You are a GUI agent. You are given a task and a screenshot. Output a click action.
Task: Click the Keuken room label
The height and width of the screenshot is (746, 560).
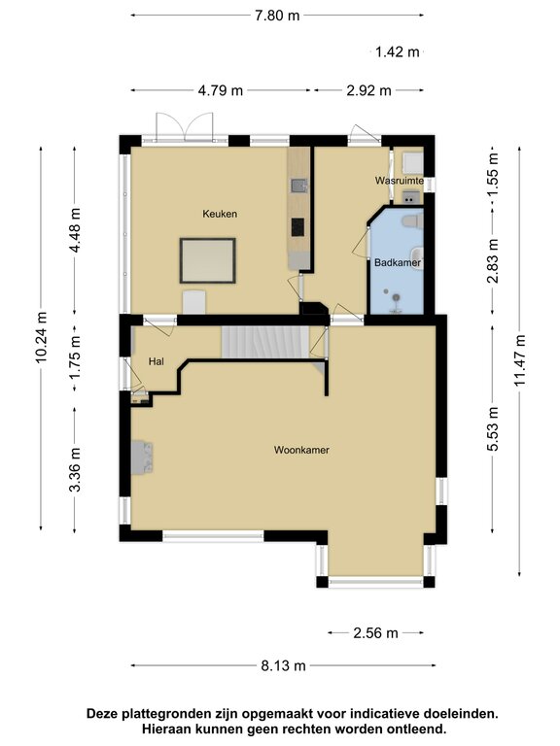click(220, 214)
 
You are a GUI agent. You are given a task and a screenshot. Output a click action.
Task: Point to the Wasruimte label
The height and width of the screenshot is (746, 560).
click(399, 181)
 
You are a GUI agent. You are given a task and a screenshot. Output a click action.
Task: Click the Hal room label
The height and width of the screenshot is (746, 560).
click(155, 361)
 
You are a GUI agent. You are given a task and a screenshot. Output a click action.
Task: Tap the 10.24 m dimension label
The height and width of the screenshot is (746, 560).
click(41, 338)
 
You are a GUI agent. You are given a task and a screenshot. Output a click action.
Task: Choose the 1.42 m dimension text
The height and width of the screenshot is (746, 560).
click(397, 51)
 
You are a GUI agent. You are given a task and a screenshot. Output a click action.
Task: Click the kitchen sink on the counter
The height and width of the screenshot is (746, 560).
click(297, 184)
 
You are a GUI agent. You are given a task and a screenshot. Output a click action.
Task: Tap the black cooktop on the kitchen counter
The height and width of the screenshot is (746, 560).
click(297, 227)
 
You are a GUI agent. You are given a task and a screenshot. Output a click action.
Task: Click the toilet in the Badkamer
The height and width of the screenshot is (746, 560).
click(412, 222)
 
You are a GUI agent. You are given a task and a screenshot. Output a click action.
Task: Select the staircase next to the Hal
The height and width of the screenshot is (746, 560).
click(264, 341)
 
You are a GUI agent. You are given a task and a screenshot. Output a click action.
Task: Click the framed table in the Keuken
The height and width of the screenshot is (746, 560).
click(208, 260)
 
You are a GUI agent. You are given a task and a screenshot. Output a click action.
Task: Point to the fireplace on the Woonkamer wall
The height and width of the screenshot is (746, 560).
click(141, 456)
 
